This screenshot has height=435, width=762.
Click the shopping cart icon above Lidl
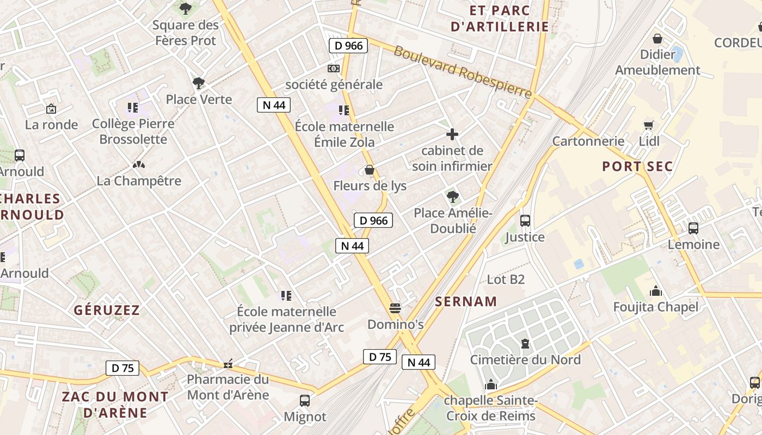648,126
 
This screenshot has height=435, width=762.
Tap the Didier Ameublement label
657,63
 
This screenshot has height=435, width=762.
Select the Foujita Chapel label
655,307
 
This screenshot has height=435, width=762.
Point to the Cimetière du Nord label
525,359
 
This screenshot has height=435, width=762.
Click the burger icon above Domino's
395,308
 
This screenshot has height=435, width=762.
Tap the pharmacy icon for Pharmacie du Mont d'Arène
228,364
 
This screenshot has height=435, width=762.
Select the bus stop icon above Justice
525,221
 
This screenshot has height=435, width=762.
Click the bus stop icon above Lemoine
693,228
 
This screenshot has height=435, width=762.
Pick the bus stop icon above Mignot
305,401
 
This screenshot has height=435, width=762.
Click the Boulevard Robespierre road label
463,72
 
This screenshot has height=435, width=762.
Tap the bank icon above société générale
333,69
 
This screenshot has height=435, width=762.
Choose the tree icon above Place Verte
199,83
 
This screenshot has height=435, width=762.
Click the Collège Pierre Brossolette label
133,131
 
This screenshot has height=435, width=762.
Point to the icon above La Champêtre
138,164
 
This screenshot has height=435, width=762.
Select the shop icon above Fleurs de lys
370,170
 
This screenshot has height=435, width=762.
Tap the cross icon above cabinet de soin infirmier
452,134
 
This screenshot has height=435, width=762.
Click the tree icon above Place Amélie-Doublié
452,196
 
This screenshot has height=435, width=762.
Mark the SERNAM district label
466,301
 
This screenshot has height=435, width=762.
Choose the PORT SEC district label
637,166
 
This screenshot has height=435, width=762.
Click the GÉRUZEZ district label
107,310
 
